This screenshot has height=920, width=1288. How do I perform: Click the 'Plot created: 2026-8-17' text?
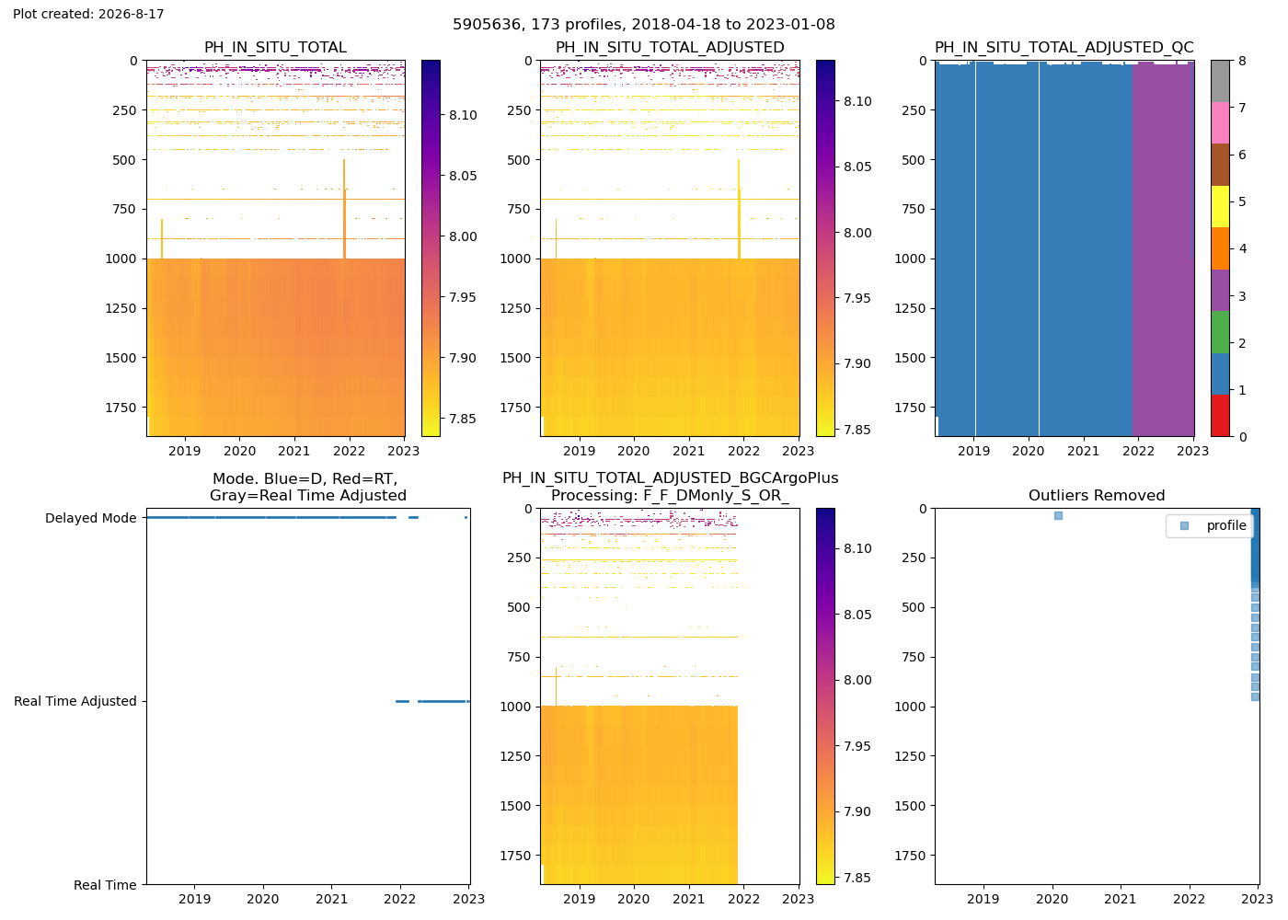pos(88,14)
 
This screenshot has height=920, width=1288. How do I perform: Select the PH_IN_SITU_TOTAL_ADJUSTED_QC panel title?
pos(1064,47)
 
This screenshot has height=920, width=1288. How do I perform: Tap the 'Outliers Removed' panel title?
pos(1097,496)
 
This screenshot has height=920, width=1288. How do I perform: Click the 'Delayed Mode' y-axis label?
pos(91,518)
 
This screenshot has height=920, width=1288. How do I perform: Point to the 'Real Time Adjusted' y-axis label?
pos(75,701)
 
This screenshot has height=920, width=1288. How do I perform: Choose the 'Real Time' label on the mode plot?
pos(105,885)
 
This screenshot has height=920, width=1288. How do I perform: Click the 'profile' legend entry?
pos(1226,525)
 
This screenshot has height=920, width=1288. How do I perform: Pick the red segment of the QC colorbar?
pos(1220,416)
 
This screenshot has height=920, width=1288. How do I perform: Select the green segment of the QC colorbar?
pos(1220,332)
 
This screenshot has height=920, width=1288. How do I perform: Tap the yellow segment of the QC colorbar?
pos(1220,207)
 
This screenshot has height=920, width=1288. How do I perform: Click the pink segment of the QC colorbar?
pos(1220,123)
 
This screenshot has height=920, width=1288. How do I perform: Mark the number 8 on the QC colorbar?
pos(1243,61)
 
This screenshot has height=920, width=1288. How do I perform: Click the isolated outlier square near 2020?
pos(1058,516)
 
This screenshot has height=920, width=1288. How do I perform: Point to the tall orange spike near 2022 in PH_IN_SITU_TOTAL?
pos(344,210)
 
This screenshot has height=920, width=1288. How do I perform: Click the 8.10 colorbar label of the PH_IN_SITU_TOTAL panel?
pos(463,115)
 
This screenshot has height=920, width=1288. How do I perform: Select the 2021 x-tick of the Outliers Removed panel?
pos(1121,899)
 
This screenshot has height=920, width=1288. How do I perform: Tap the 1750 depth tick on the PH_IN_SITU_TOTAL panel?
pos(121,408)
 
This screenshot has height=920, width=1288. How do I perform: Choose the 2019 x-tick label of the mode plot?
pos(194,899)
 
